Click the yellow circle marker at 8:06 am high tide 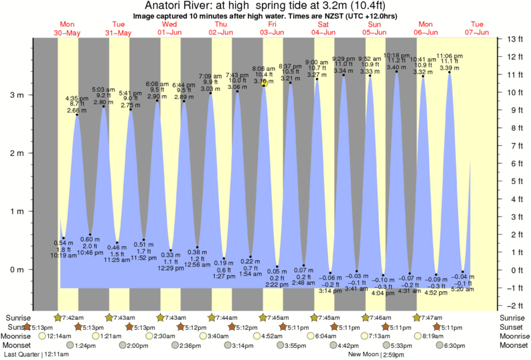point(264,83)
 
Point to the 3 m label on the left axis point(15,95)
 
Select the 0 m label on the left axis point(15,270)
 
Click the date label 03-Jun point(273,32)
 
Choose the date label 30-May point(68,32)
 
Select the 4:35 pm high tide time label point(78,99)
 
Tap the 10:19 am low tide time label point(64,255)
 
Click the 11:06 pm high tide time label point(449,56)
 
